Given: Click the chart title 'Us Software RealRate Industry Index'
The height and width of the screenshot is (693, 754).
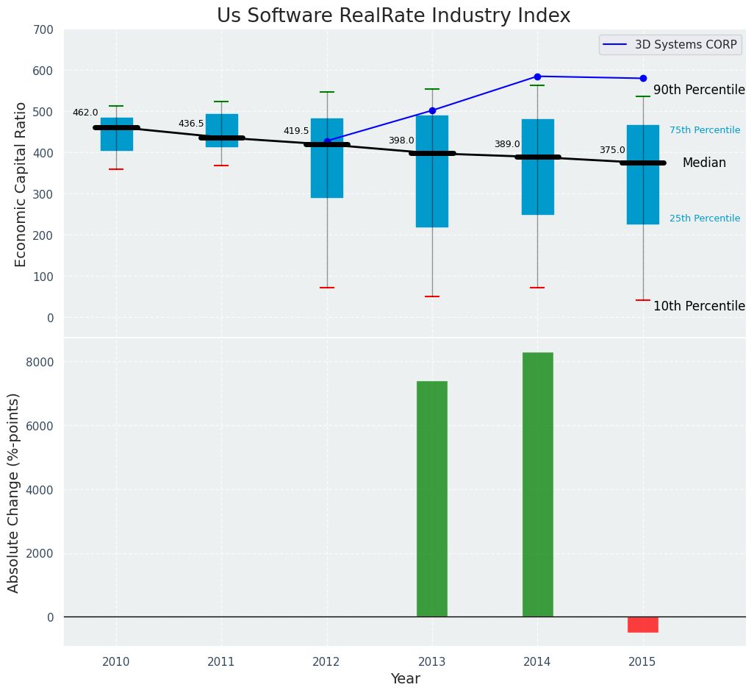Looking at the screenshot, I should (393, 16).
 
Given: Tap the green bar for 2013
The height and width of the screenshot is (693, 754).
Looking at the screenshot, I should (432, 499).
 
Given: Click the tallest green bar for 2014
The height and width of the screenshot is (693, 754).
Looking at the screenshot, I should (537, 484).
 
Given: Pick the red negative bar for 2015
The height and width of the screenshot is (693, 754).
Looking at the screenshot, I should (643, 625).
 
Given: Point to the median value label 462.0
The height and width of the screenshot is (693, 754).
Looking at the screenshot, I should (85, 113).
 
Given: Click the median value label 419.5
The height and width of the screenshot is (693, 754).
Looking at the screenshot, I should (296, 131).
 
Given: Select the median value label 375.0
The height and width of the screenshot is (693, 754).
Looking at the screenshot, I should (612, 150).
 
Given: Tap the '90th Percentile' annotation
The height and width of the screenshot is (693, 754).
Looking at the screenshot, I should (699, 90).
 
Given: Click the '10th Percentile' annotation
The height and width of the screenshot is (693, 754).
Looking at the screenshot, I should (699, 306).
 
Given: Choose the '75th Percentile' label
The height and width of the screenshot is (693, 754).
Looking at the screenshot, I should (705, 130).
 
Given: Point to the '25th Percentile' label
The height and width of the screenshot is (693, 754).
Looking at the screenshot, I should (705, 218).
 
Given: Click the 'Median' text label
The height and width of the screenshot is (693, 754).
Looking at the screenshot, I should (704, 163).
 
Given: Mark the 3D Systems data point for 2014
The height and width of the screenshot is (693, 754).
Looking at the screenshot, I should (537, 77).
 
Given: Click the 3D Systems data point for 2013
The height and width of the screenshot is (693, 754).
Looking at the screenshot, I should (432, 110).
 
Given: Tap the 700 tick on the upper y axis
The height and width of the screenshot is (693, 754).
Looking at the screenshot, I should (43, 29).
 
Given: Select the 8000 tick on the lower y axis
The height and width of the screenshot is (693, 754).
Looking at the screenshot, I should (39, 362).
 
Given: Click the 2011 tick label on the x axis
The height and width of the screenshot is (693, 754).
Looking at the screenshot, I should (221, 661).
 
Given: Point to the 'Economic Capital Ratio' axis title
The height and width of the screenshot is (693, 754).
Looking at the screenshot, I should (21, 184).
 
